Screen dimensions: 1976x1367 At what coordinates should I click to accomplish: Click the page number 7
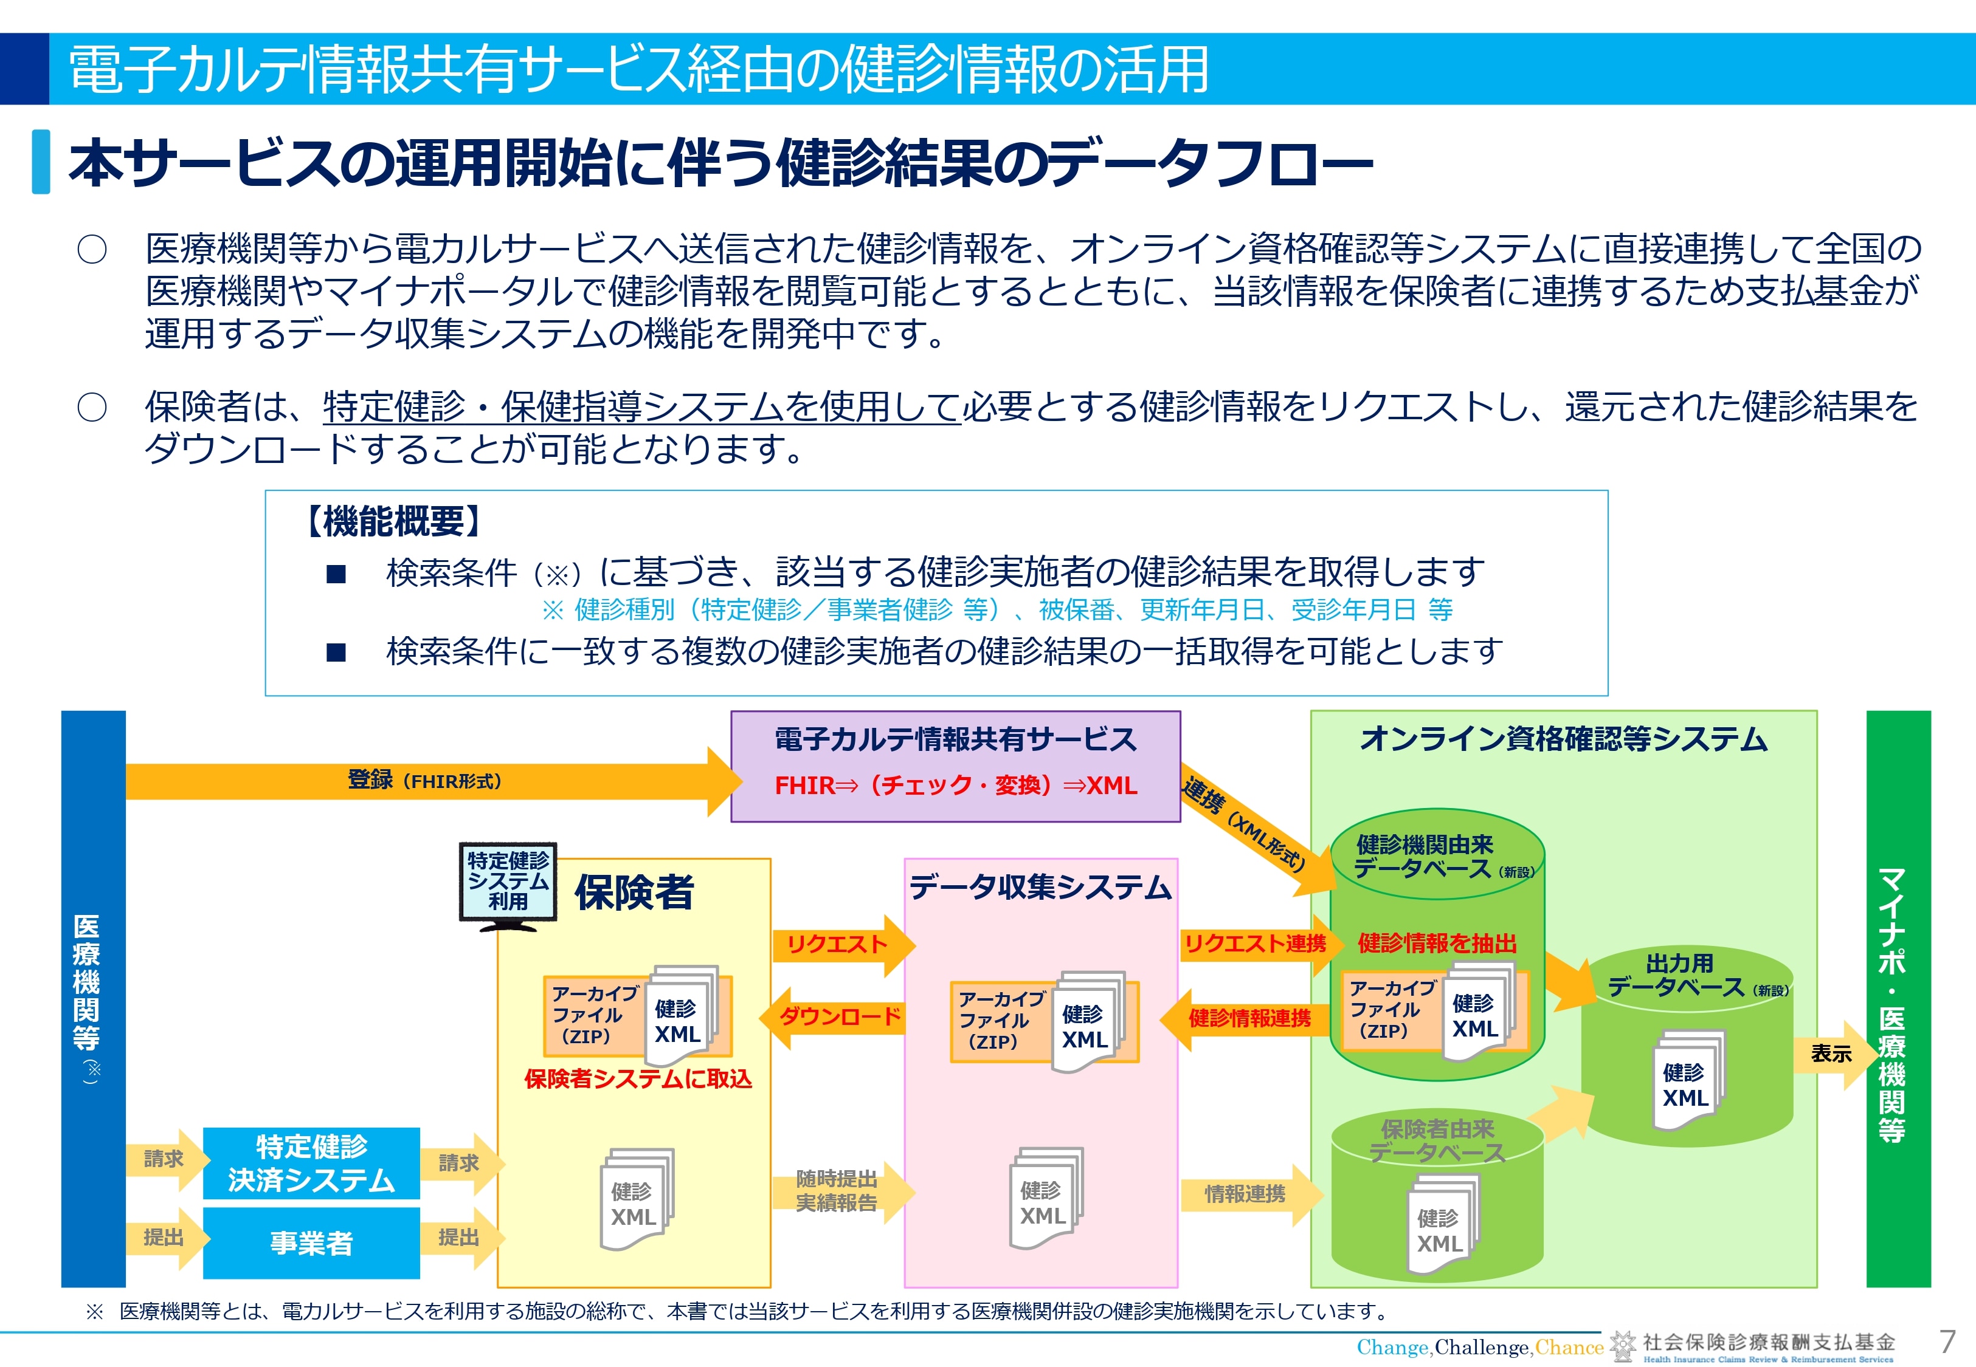(1947, 1340)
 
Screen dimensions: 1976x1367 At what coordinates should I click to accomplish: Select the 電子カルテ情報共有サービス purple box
(955, 767)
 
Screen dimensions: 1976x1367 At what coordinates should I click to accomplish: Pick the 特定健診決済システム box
(311, 1163)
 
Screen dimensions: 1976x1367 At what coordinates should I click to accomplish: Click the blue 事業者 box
(311, 1243)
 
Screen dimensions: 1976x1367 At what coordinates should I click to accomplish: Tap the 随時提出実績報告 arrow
(843, 1191)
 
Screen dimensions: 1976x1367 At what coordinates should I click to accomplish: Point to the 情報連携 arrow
(1251, 1194)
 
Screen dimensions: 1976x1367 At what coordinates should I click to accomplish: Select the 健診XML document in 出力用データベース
(1687, 1081)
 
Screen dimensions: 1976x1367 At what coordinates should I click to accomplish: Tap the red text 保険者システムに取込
(638, 1078)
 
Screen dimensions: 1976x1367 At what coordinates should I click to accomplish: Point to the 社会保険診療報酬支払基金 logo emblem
(1623, 1346)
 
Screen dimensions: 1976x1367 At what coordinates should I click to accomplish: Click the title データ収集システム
(1040, 888)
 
